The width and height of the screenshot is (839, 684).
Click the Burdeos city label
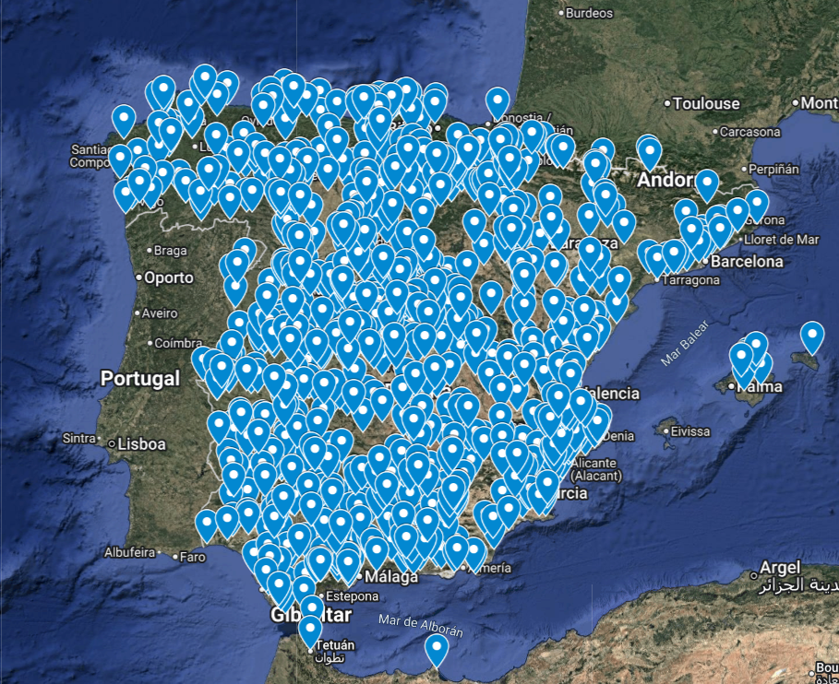point(588,13)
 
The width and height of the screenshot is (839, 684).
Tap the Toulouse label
point(706,103)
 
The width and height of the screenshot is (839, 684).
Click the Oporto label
point(168,277)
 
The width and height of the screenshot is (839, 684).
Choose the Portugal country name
point(139,378)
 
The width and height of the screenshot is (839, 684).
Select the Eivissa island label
point(690,431)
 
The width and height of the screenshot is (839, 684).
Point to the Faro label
point(192,557)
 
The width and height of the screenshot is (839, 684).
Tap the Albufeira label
point(129,553)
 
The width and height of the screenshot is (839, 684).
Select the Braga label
point(170,250)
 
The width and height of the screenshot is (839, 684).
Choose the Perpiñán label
point(773,170)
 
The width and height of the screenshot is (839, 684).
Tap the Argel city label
point(780,568)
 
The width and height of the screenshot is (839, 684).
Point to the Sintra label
point(78,438)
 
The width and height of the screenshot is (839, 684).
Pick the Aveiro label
point(160,313)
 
